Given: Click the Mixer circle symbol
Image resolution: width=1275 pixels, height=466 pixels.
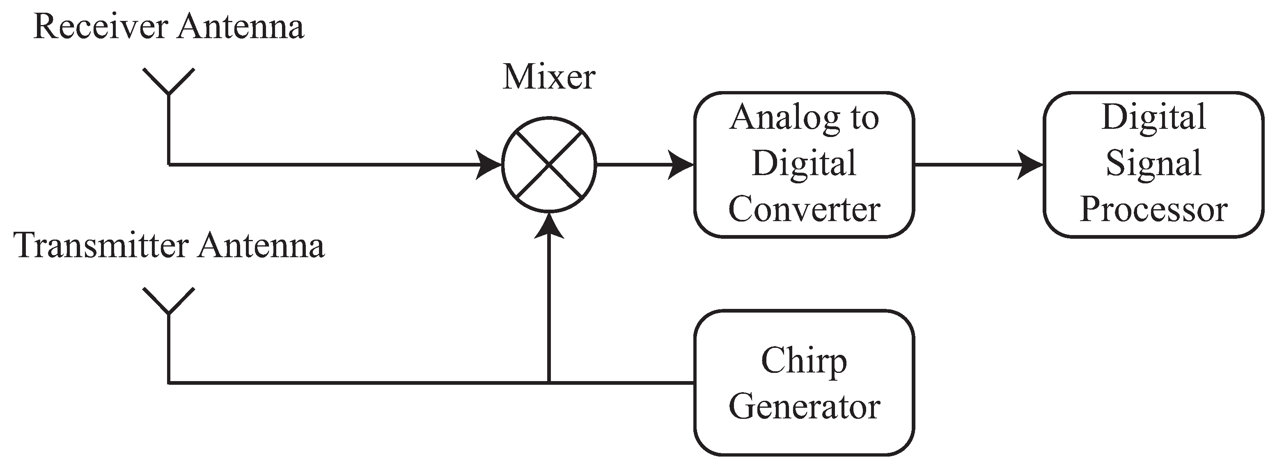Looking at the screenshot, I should coord(549,165).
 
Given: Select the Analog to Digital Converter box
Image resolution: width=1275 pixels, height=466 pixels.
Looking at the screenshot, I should coord(804,165).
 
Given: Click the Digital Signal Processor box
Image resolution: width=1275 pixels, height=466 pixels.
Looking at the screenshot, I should coord(1153,165).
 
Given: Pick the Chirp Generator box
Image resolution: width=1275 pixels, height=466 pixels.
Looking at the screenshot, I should coord(804,383).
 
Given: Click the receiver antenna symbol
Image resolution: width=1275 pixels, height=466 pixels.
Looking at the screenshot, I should coord(169,84).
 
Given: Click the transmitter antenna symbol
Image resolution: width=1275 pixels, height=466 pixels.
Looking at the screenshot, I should coord(169,303).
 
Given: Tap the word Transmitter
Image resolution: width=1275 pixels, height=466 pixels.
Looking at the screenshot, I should coord(101,246).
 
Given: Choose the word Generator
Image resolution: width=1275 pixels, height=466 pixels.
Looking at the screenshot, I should coord(804,407).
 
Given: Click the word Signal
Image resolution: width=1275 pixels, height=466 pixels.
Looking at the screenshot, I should coord(1153,164).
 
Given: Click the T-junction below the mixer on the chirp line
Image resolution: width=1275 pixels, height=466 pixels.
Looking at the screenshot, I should coord(549,382).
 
